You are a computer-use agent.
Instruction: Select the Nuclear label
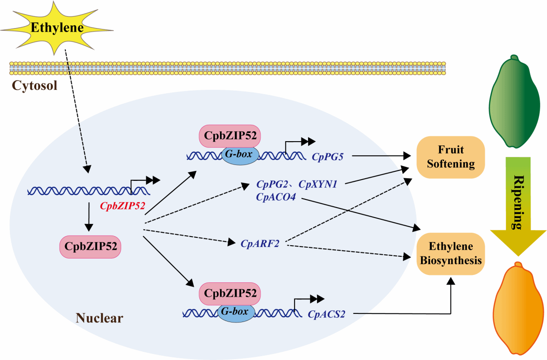point(100,319)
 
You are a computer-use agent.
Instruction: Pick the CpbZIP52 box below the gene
point(90,246)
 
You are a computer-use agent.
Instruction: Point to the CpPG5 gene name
point(327,157)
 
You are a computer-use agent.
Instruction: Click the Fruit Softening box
point(450,157)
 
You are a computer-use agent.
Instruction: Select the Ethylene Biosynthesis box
point(450,253)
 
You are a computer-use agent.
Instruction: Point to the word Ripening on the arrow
point(517,202)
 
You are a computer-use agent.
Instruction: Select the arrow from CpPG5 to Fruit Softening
point(380,155)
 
